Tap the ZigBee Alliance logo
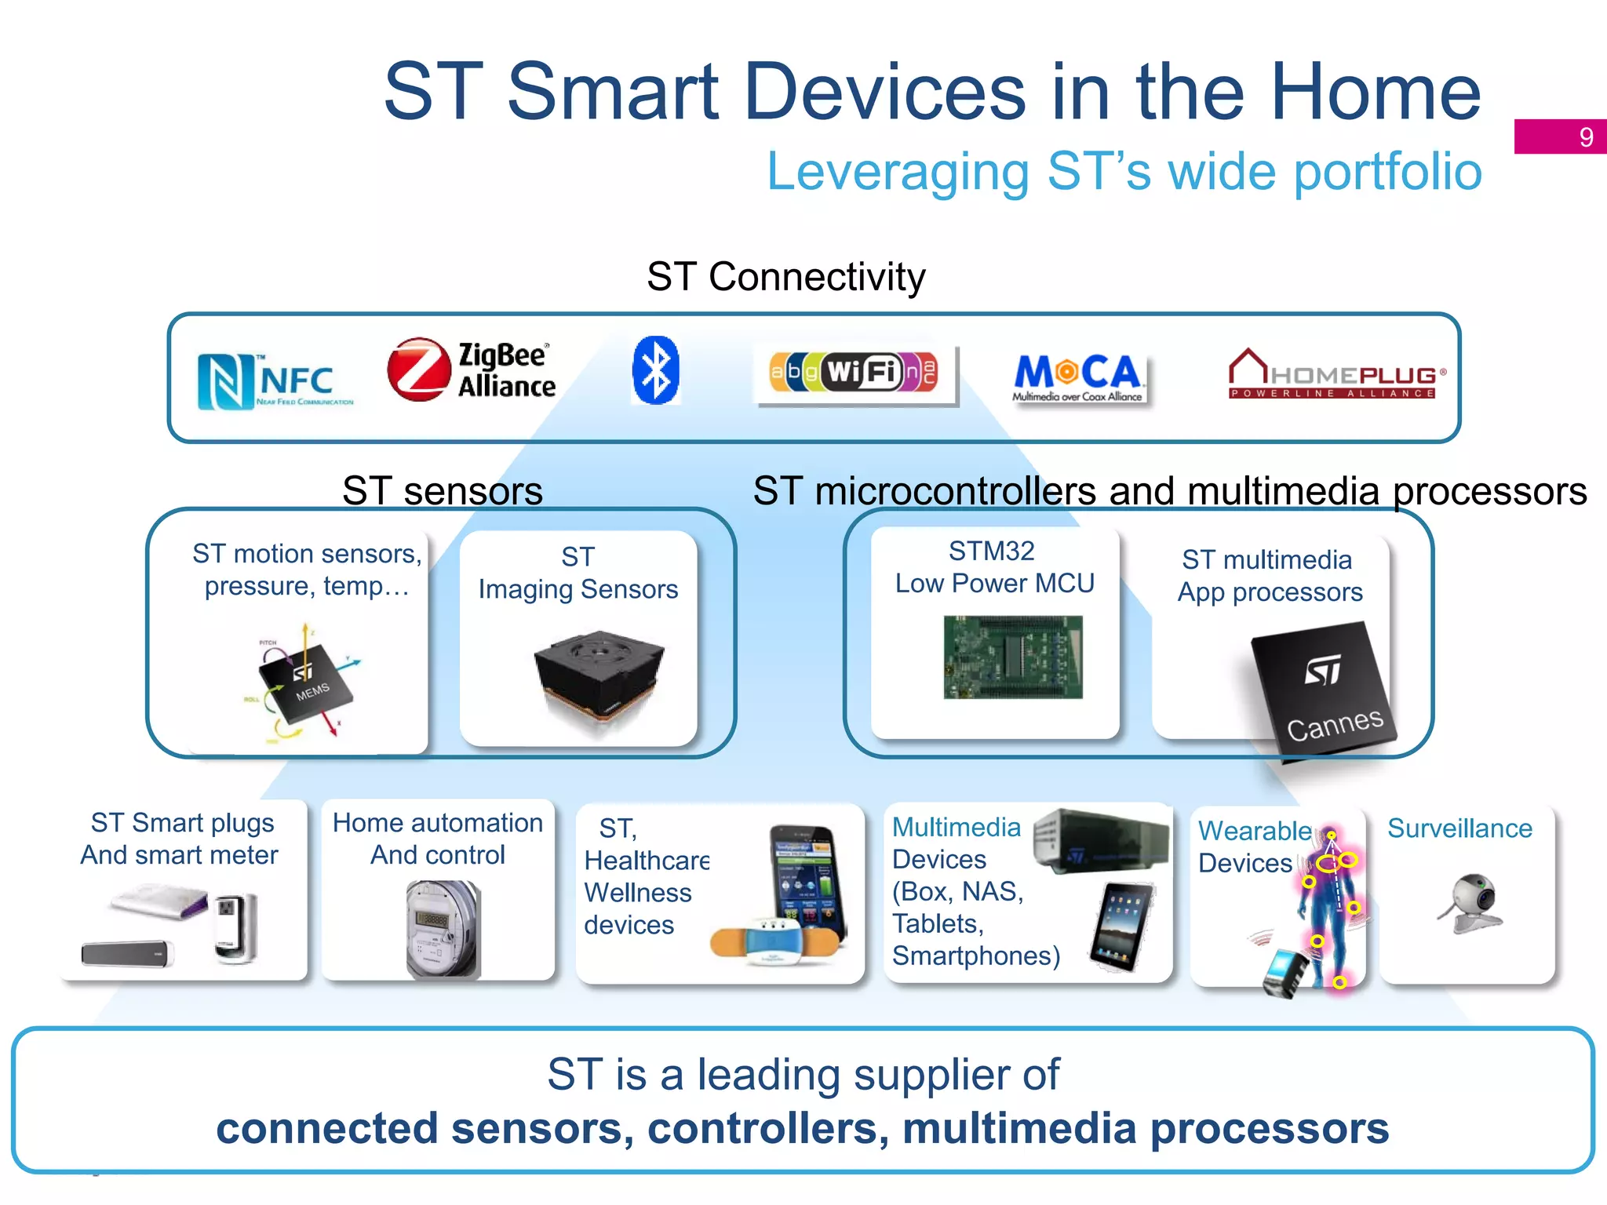click(471, 370)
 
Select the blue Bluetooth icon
click(655, 370)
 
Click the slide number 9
click(1586, 137)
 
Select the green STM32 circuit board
click(1012, 657)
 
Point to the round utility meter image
click(442, 928)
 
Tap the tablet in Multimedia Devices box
click(1123, 926)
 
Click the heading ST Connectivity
click(785, 277)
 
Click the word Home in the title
click(1376, 93)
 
